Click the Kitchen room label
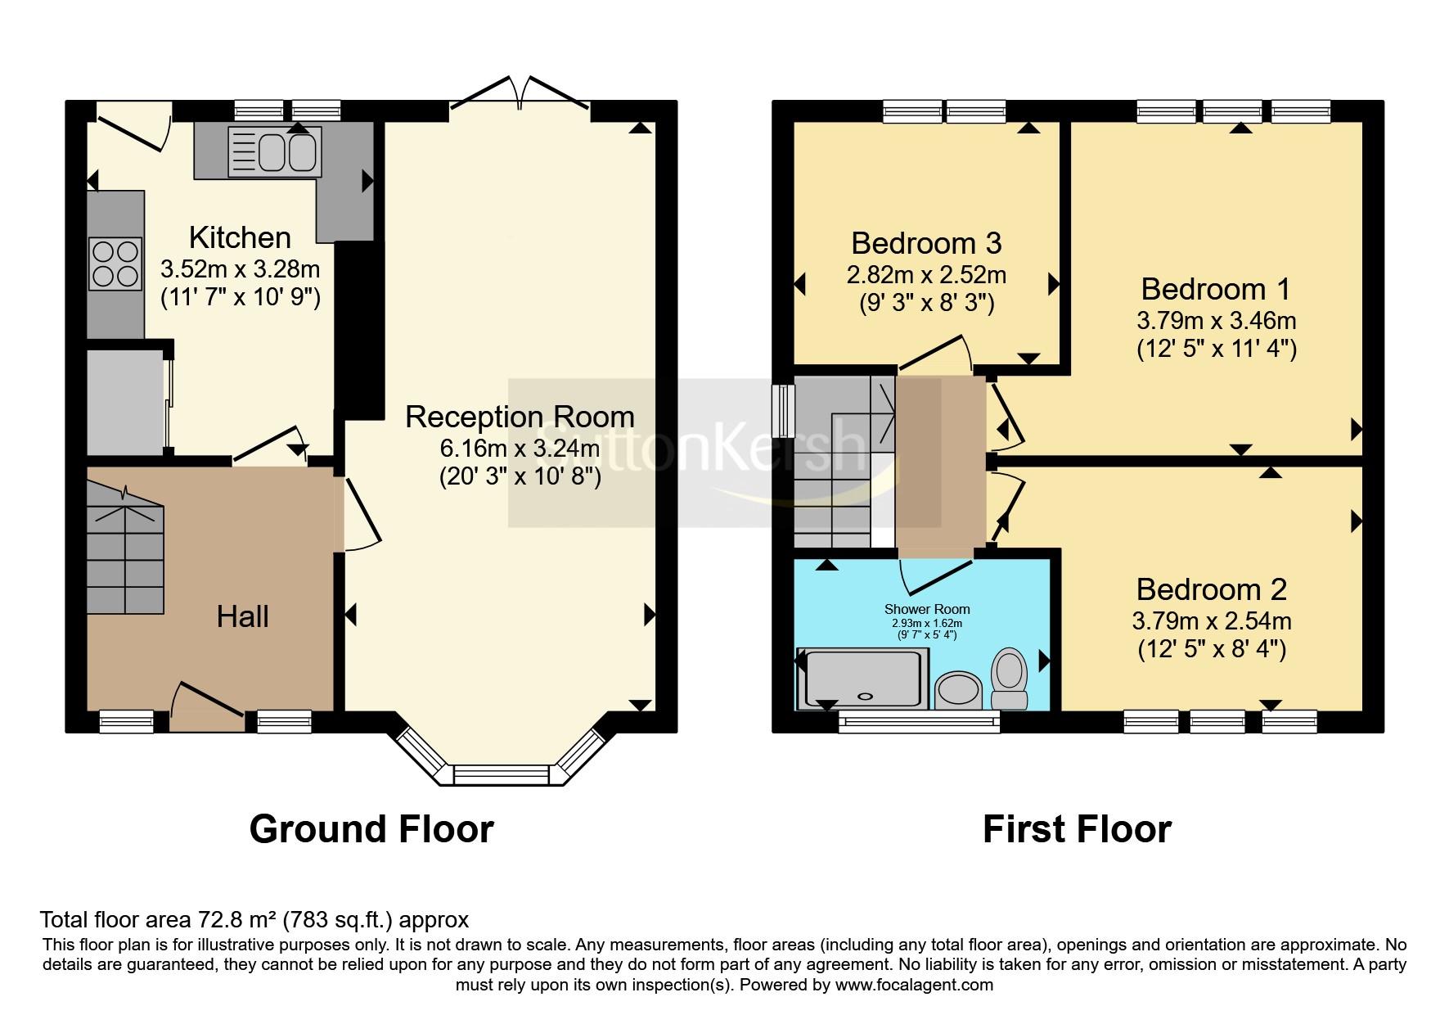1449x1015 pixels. click(x=240, y=238)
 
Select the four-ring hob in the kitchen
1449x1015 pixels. click(x=115, y=264)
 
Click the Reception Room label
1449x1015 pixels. click(x=520, y=417)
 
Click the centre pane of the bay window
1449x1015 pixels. click(x=502, y=774)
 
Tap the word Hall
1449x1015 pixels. click(x=242, y=616)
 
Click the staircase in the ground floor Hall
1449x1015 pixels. click(x=125, y=557)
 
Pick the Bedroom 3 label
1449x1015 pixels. click(x=926, y=244)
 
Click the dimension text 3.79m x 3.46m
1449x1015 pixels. click(x=1216, y=321)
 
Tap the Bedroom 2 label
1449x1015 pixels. click(x=1211, y=589)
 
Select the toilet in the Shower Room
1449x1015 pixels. click(x=1010, y=678)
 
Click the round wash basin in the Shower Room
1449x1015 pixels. click(x=958, y=690)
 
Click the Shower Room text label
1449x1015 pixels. click(x=927, y=609)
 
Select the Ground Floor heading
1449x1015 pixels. click(x=371, y=829)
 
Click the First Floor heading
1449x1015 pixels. click(x=1077, y=829)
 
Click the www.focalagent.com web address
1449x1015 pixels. click(x=914, y=985)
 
